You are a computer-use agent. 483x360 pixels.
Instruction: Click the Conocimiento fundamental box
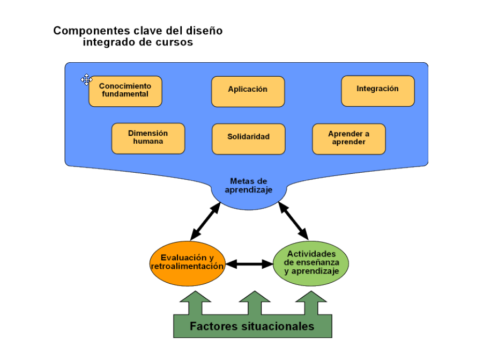tap(125, 91)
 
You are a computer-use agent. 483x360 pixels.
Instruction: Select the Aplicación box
tap(248, 91)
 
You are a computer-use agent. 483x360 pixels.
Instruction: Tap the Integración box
tap(377, 90)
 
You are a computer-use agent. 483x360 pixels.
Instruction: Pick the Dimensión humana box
tap(148, 138)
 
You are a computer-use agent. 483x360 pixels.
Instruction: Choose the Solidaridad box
tap(248, 138)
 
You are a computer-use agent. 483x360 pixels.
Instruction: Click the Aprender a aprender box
tap(348, 138)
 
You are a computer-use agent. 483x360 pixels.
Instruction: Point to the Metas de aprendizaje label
tap(248, 186)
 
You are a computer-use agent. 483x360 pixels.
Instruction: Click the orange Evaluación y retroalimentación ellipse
tap(187, 262)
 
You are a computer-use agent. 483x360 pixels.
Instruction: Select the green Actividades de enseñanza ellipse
tap(311, 262)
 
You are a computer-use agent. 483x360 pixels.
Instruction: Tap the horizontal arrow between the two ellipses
tap(249, 264)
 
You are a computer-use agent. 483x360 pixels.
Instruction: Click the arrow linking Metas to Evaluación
tap(205, 221)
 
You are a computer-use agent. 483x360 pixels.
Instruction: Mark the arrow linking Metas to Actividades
tap(293, 221)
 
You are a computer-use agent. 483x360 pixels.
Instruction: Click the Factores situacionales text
tap(252, 326)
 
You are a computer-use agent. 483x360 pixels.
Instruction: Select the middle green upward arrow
tap(254, 303)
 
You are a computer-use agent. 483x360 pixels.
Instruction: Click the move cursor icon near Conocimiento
tap(86, 80)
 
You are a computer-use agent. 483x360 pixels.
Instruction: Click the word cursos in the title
tap(175, 42)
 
